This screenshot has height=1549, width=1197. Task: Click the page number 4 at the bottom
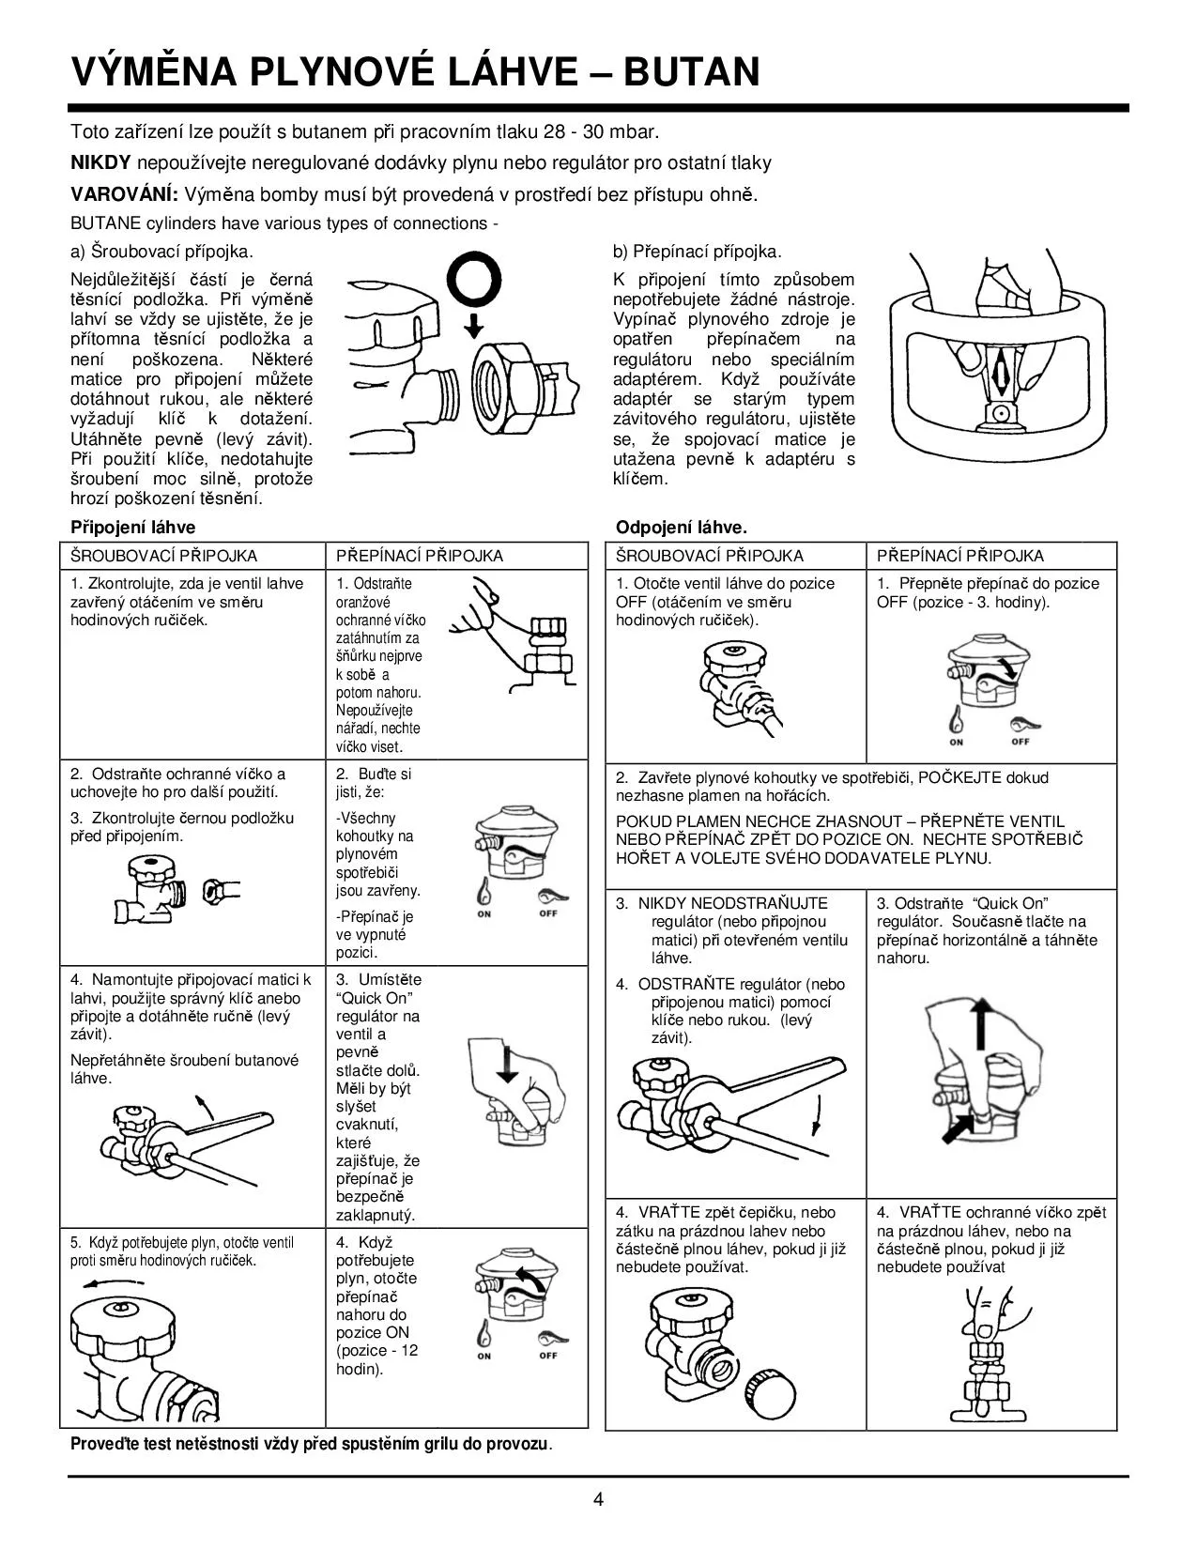598,1499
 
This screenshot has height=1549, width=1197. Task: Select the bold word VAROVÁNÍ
124,194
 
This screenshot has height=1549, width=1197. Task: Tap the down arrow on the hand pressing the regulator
508,1065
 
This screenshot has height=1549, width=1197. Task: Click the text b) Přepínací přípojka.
697,252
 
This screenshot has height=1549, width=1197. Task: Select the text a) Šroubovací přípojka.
161,252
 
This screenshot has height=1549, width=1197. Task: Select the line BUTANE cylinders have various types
284,223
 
